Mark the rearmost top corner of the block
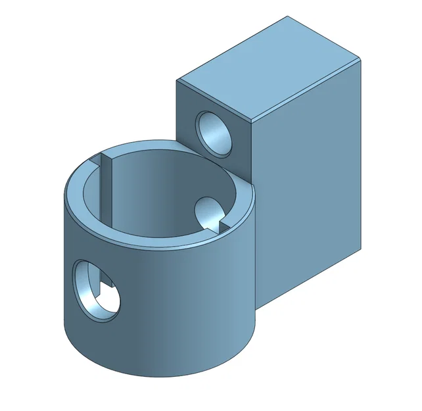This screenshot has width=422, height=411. [288, 18]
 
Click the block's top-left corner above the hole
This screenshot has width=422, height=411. [177, 80]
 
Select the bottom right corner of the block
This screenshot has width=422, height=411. [361, 249]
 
